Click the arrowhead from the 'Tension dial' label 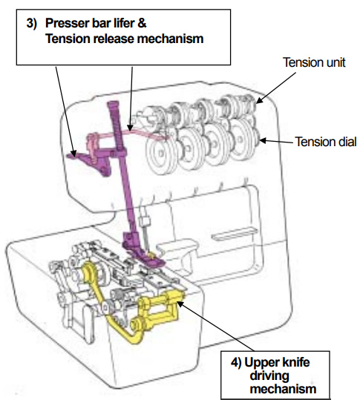click(261, 140)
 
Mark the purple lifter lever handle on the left click(74, 154)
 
